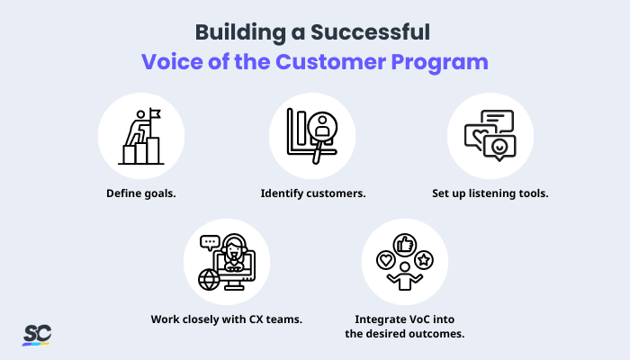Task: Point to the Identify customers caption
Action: (x=312, y=193)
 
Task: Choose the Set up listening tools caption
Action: (x=490, y=193)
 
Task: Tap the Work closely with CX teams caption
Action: (x=226, y=319)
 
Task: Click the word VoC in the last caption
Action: (x=418, y=319)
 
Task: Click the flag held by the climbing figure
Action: (x=154, y=114)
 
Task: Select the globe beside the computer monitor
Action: (x=210, y=279)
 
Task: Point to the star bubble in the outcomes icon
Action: (x=425, y=261)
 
